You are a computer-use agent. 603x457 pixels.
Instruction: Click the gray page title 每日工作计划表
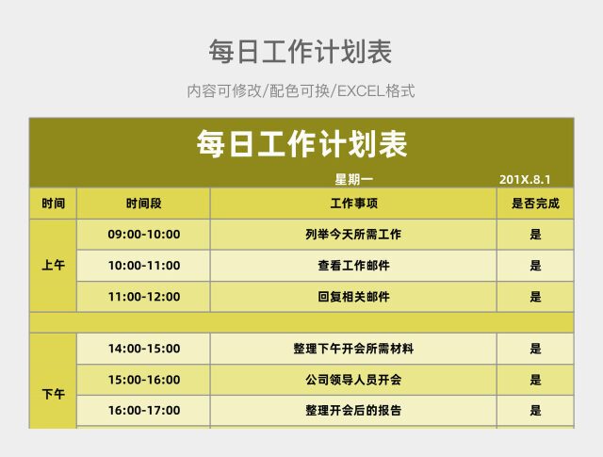pyautogui.click(x=301, y=51)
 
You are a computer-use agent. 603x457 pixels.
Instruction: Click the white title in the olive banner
pyautogui.click(x=301, y=144)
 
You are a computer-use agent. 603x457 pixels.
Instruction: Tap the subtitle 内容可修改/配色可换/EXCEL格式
pyautogui.click(x=301, y=91)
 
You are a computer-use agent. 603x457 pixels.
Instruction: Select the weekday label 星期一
pyautogui.click(x=353, y=179)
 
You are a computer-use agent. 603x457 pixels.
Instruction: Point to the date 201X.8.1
pyautogui.click(x=524, y=179)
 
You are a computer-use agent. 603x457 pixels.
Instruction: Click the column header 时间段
pyautogui.click(x=143, y=204)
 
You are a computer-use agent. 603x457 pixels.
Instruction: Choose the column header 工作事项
pyautogui.click(x=353, y=204)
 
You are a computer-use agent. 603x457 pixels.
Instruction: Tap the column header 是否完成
pyautogui.click(x=535, y=204)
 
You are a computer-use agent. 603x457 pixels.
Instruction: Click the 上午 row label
pyautogui.click(x=54, y=266)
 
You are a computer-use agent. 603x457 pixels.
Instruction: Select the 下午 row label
pyautogui.click(x=54, y=395)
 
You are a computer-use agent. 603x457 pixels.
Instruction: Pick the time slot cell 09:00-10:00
pyautogui.click(x=143, y=235)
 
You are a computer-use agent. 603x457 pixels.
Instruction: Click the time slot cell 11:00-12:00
pyautogui.click(x=143, y=297)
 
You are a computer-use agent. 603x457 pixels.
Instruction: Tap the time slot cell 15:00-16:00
pyautogui.click(x=143, y=380)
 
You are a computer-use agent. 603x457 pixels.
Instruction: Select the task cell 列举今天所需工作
pyautogui.click(x=353, y=235)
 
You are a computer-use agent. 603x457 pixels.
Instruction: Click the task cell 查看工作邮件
pyautogui.click(x=353, y=266)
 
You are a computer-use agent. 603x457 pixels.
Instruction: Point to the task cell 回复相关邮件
pyautogui.click(x=353, y=297)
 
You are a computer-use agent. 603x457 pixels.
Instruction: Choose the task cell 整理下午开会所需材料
pyautogui.click(x=353, y=349)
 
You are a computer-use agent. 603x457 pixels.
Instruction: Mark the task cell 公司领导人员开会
pyautogui.click(x=353, y=380)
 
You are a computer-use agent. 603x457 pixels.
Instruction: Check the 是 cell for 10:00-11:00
pyautogui.click(x=535, y=266)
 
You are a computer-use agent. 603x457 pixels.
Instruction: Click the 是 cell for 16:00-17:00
pyautogui.click(x=535, y=411)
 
